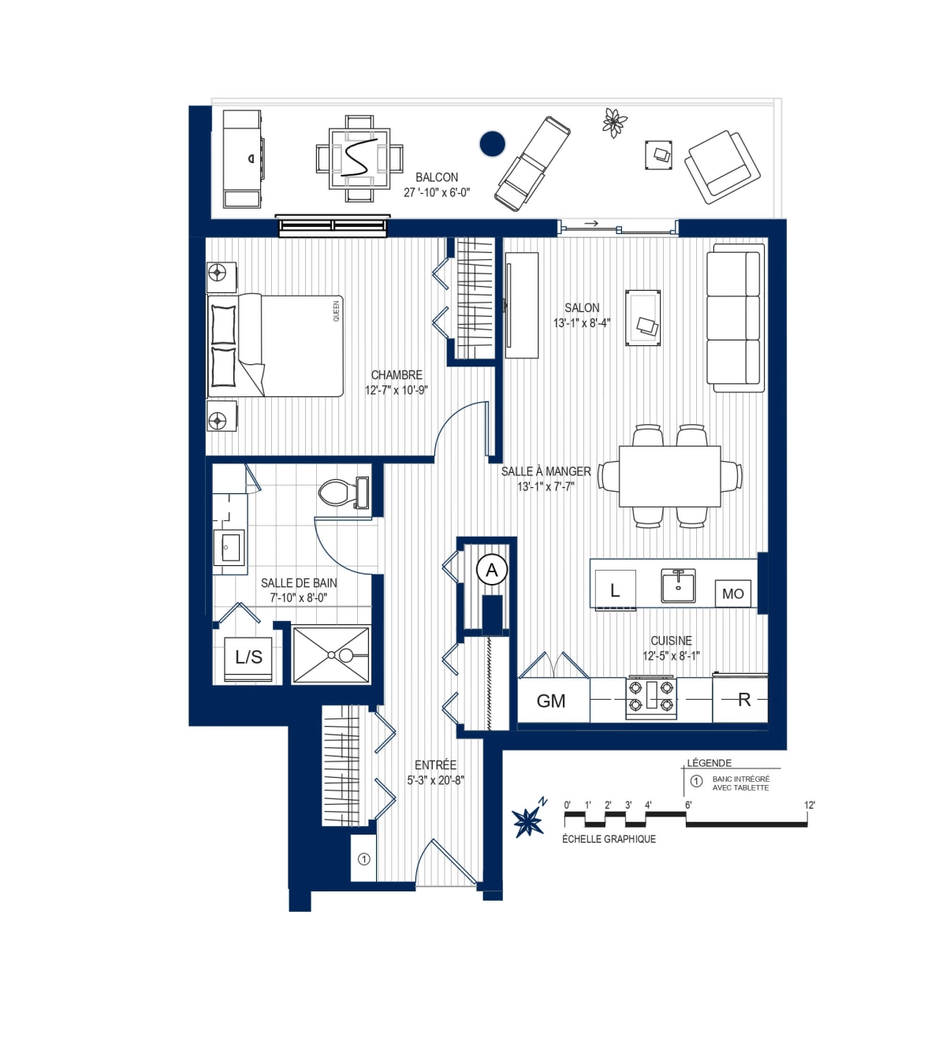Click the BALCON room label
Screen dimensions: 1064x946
(437, 177)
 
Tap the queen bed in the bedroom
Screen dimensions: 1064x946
(276, 345)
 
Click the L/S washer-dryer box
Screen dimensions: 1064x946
(248, 657)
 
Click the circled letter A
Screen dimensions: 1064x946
(492, 570)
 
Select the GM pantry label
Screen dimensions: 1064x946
(551, 701)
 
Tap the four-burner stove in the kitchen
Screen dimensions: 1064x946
(651, 697)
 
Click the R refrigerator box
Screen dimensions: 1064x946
(743, 700)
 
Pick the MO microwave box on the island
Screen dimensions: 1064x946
(732, 593)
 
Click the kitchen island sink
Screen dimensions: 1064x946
(678, 586)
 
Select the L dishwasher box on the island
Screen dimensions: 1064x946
(615, 590)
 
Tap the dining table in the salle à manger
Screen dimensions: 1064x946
(669, 476)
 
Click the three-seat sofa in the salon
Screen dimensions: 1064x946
(735, 318)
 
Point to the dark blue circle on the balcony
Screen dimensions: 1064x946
(493, 144)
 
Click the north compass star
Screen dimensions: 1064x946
(528, 821)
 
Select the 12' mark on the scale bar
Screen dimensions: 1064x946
(809, 805)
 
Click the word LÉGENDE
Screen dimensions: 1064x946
(709, 763)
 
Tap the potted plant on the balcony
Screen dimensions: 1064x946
(614, 122)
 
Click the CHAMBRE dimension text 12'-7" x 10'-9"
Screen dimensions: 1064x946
(396, 390)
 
